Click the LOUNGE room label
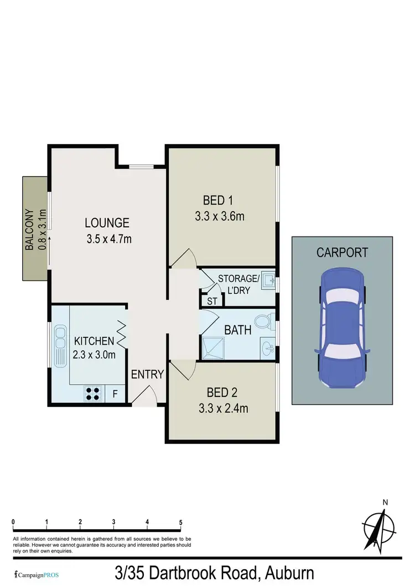107,223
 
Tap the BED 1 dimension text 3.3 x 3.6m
220,216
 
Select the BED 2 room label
222,393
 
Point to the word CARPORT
342,253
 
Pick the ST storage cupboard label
212,301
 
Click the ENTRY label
147,375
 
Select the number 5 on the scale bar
180,522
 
